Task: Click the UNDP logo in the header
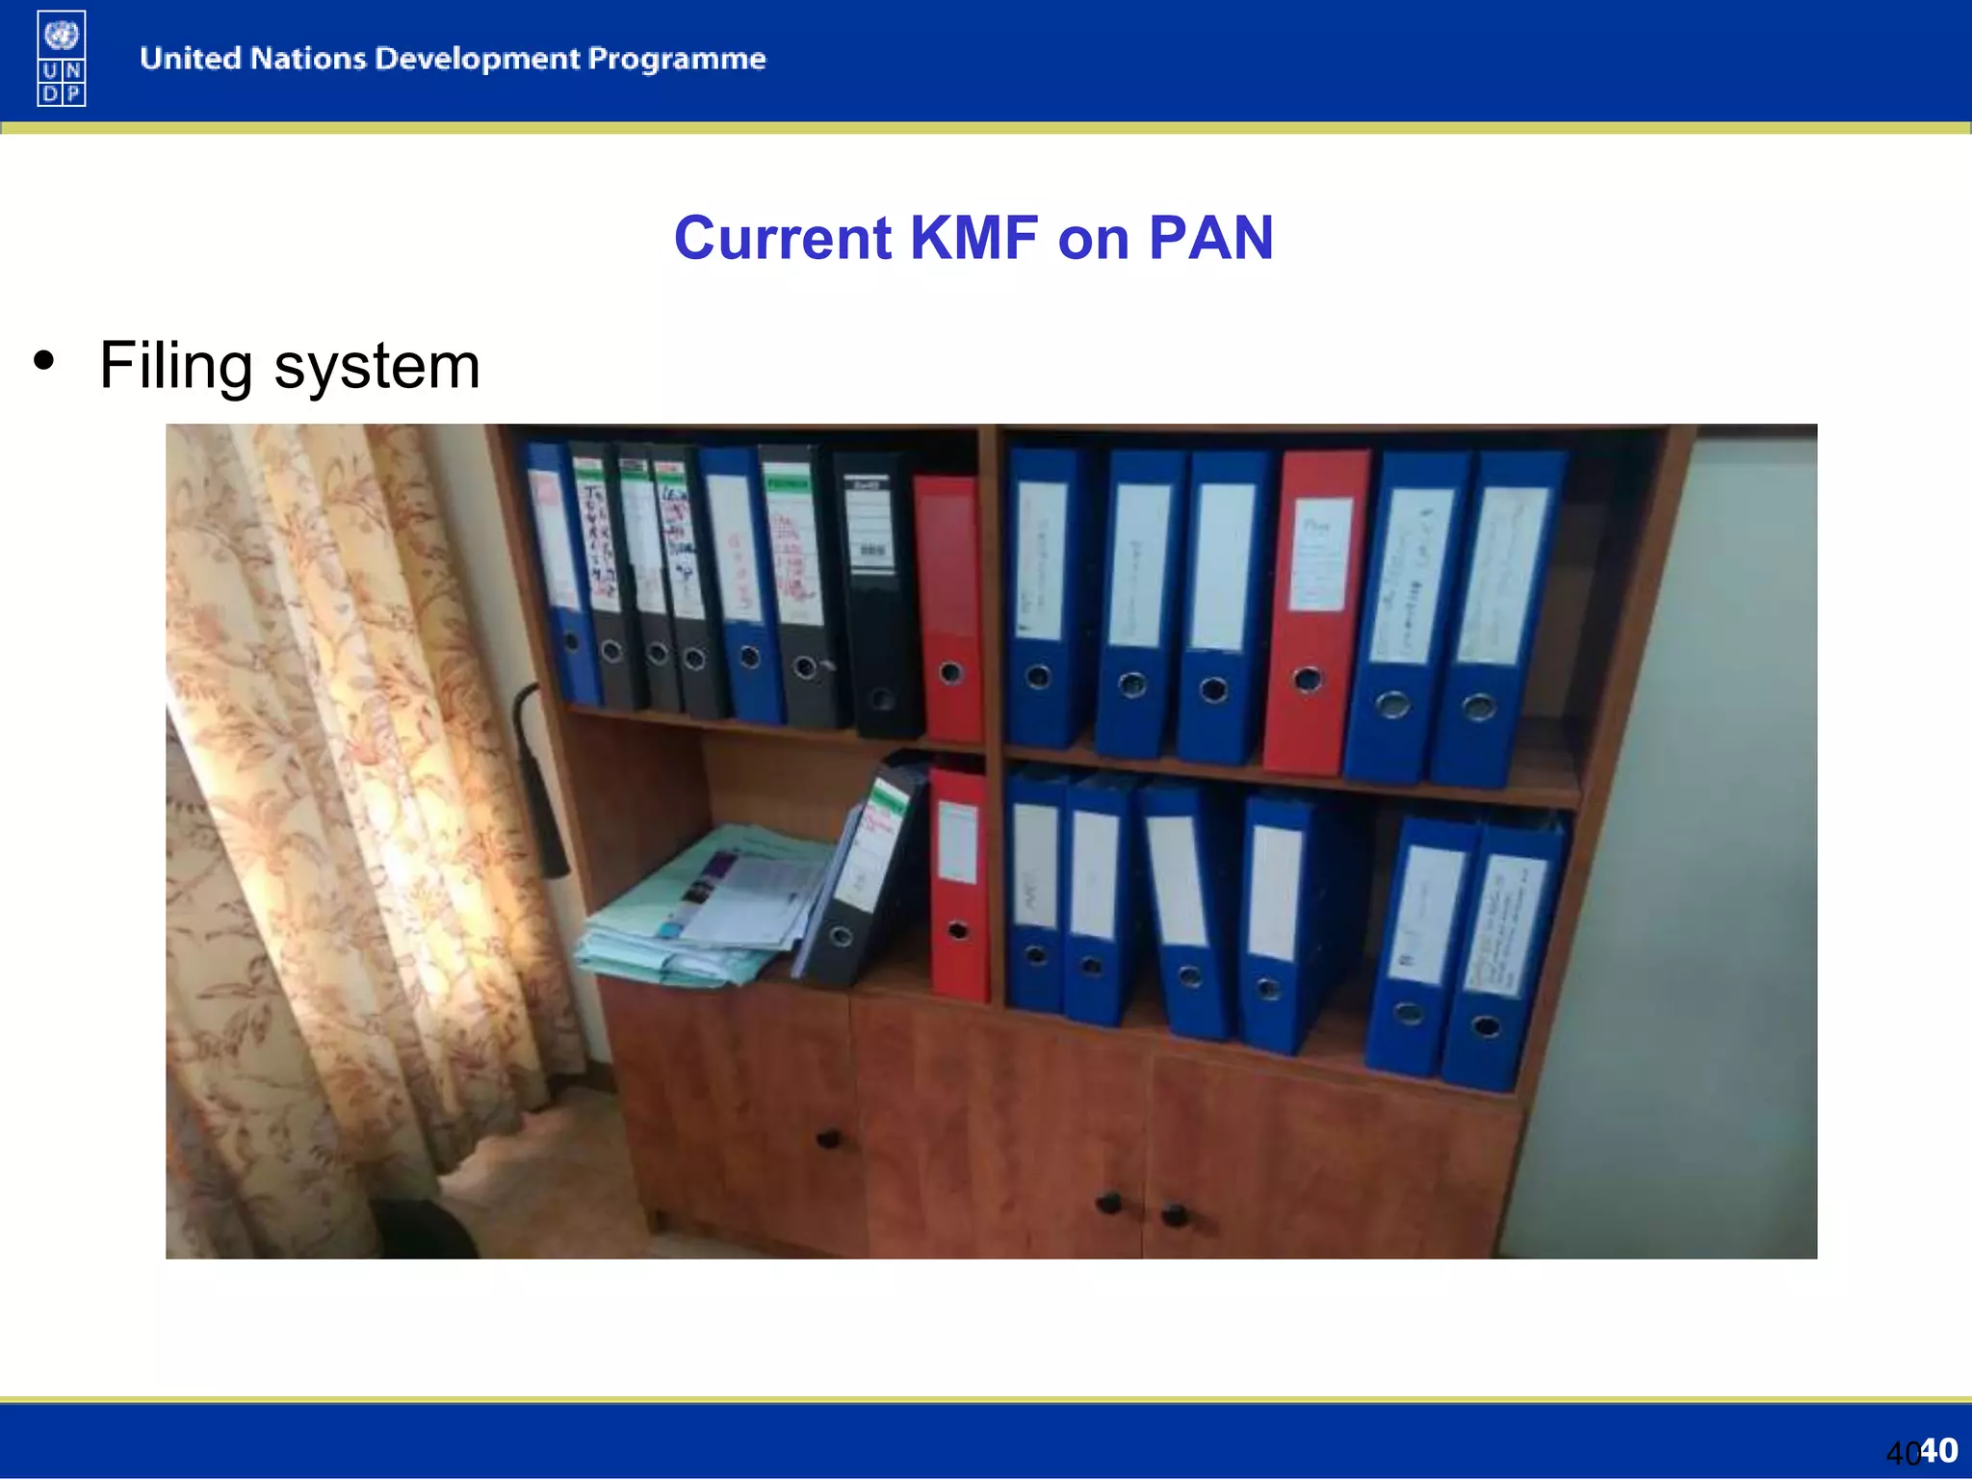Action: (62, 58)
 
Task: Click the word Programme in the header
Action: (677, 59)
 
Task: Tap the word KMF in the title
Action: (973, 238)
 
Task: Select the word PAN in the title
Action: (1210, 238)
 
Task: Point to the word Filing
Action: (176, 367)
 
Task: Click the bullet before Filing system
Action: (43, 361)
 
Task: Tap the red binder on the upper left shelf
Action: (948, 607)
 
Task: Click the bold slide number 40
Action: (1938, 1449)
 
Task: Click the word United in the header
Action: (190, 59)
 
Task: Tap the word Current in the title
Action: (783, 238)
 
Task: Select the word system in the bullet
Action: (376, 367)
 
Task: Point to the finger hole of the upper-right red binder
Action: (1307, 680)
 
